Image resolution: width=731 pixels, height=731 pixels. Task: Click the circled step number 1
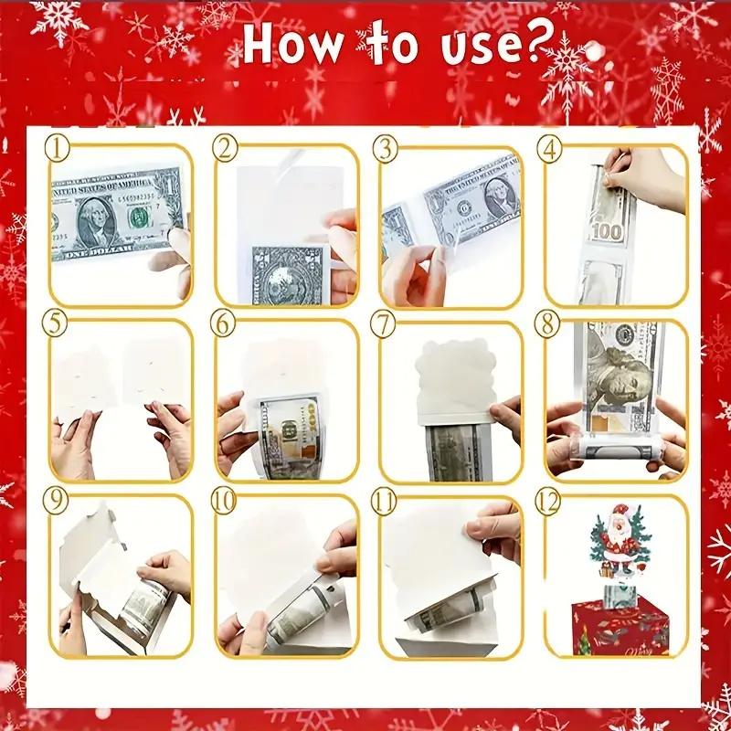pos(60,146)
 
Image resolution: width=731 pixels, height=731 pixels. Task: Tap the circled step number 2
pos(225,146)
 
